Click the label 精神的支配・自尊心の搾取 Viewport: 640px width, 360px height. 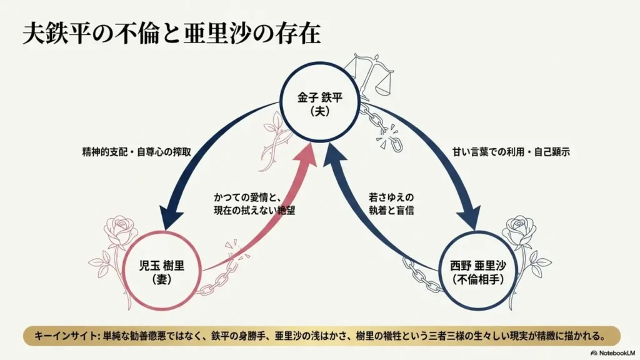(x=137, y=152)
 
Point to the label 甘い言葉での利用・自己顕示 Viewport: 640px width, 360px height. (x=511, y=152)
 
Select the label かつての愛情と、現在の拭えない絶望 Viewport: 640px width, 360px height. (x=254, y=204)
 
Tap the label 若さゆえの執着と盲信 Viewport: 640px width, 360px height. (x=391, y=204)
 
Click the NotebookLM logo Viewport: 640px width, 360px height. (x=612, y=352)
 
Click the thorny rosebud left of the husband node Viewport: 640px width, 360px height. (x=276, y=141)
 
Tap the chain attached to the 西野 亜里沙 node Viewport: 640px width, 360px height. (x=422, y=274)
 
